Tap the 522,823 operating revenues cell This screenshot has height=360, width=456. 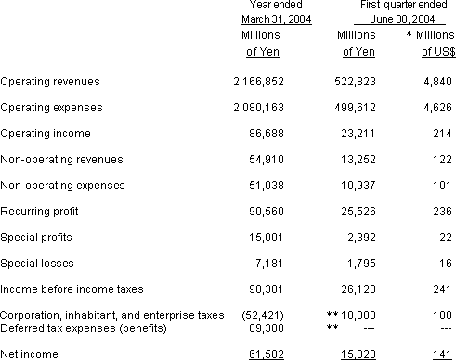pyautogui.click(x=351, y=82)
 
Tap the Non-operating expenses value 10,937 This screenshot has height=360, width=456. pyautogui.click(x=358, y=186)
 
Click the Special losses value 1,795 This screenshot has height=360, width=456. pyautogui.click(x=360, y=264)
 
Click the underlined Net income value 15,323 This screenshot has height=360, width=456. pyautogui.click(x=358, y=354)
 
